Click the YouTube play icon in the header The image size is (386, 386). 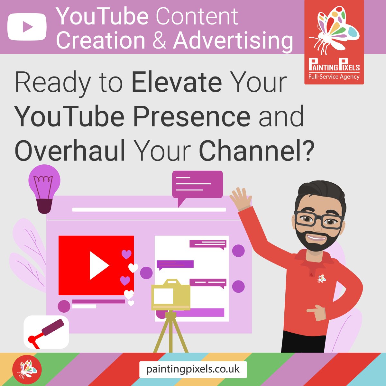(27, 27)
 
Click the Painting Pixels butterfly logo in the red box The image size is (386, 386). (334, 31)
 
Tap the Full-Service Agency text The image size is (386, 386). (334, 77)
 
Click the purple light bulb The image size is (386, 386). (44, 188)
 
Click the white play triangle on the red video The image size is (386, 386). (98, 265)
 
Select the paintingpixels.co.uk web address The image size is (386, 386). (193, 369)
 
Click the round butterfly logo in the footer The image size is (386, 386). (27, 369)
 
